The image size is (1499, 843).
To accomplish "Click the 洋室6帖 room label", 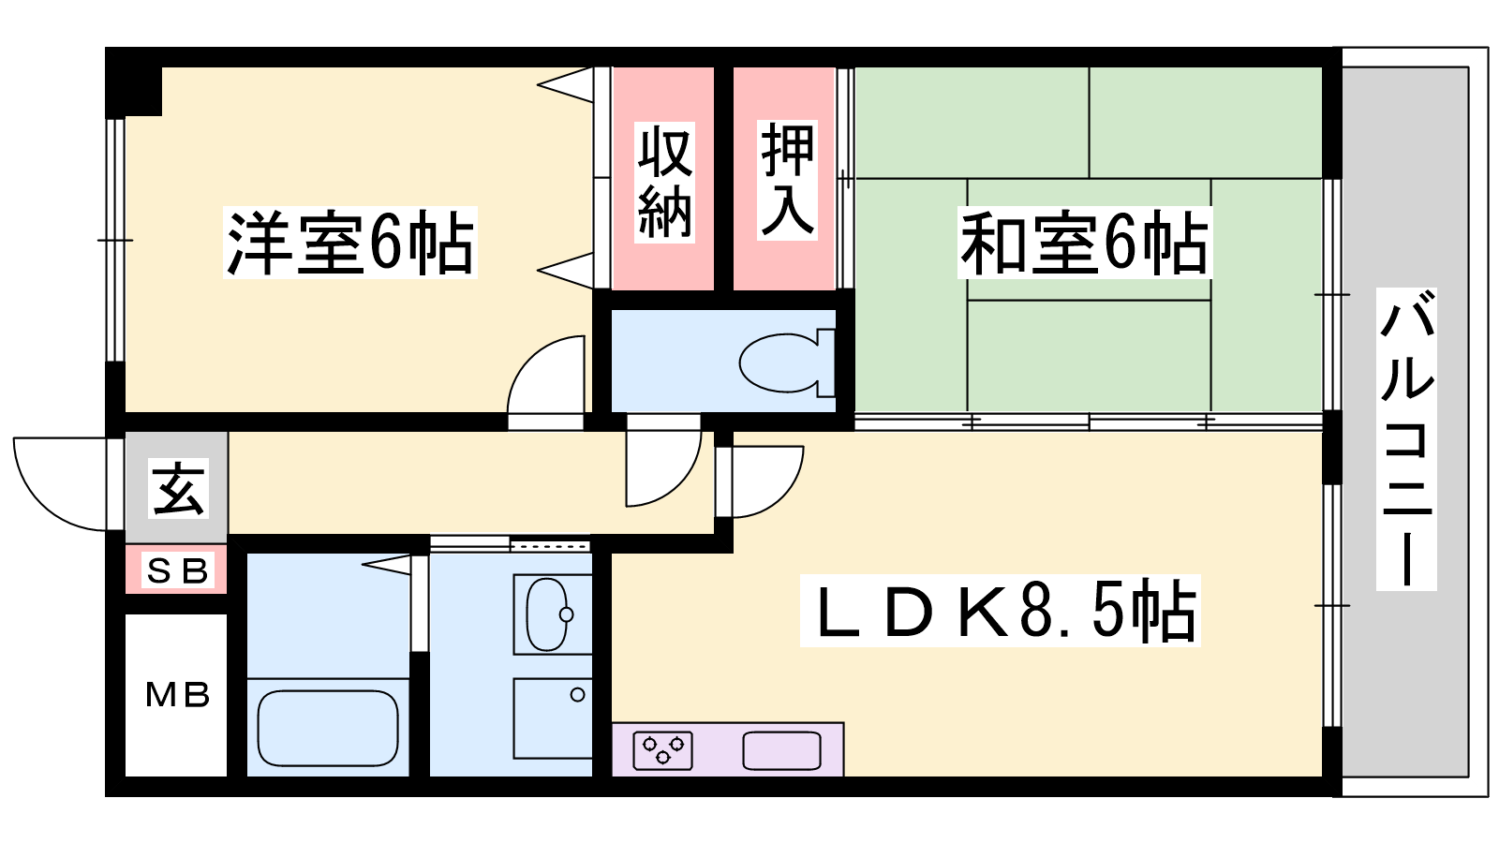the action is coord(350,243).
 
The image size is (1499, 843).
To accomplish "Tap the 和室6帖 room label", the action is coord(1084,243).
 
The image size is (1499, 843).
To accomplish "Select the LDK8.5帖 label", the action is coord(1001,610).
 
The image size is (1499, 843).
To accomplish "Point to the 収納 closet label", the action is coord(664,182).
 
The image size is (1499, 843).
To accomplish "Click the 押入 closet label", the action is coord(787,179).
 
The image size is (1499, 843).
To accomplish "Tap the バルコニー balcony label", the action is coord(1406,439).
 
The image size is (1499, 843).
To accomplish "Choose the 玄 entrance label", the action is coord(178,488).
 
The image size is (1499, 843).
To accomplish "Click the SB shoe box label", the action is coord(177,570).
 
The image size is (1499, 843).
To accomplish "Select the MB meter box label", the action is coord(177,695).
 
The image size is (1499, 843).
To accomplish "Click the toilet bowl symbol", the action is coord(787,362).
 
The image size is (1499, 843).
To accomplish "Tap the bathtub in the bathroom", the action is coord(328,728).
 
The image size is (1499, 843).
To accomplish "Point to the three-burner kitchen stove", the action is coord(662,750).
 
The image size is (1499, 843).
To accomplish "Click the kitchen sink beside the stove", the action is coord(781,750).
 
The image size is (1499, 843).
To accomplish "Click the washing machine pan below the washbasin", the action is coord(553,717).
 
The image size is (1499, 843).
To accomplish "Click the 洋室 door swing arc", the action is coord(528,358).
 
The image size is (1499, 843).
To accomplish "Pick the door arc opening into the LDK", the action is coord(783,496).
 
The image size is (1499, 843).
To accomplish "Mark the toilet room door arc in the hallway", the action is coord(678,484).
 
